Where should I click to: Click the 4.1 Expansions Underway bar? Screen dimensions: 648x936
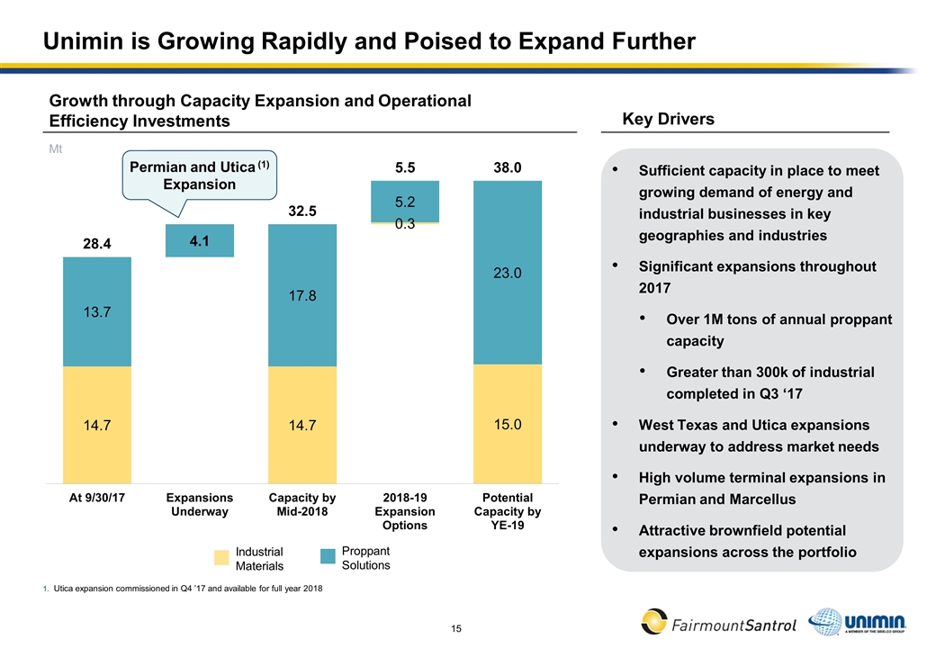tap(200, 240)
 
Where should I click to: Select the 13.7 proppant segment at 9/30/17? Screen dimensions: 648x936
tap(97, 311)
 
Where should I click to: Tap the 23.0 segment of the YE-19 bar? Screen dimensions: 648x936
tap(508, 273)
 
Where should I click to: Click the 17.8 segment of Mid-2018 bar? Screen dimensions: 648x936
tap(302, 295)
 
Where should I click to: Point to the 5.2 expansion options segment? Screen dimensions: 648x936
tap(405, 202)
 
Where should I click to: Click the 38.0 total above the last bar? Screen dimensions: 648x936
tap(508, 167)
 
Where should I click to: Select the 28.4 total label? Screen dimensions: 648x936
tap(97, 244)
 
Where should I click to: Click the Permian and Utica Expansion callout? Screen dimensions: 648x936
tap(200, 175)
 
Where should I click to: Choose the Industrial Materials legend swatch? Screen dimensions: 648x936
tap(222, 558)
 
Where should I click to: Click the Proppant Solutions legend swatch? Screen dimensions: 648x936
tap(328, 558)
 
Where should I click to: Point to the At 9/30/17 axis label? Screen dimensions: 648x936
tap(97, 499)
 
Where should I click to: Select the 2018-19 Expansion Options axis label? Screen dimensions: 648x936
tap(405, 512)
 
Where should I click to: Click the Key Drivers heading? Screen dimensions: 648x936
tap(669, 120)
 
